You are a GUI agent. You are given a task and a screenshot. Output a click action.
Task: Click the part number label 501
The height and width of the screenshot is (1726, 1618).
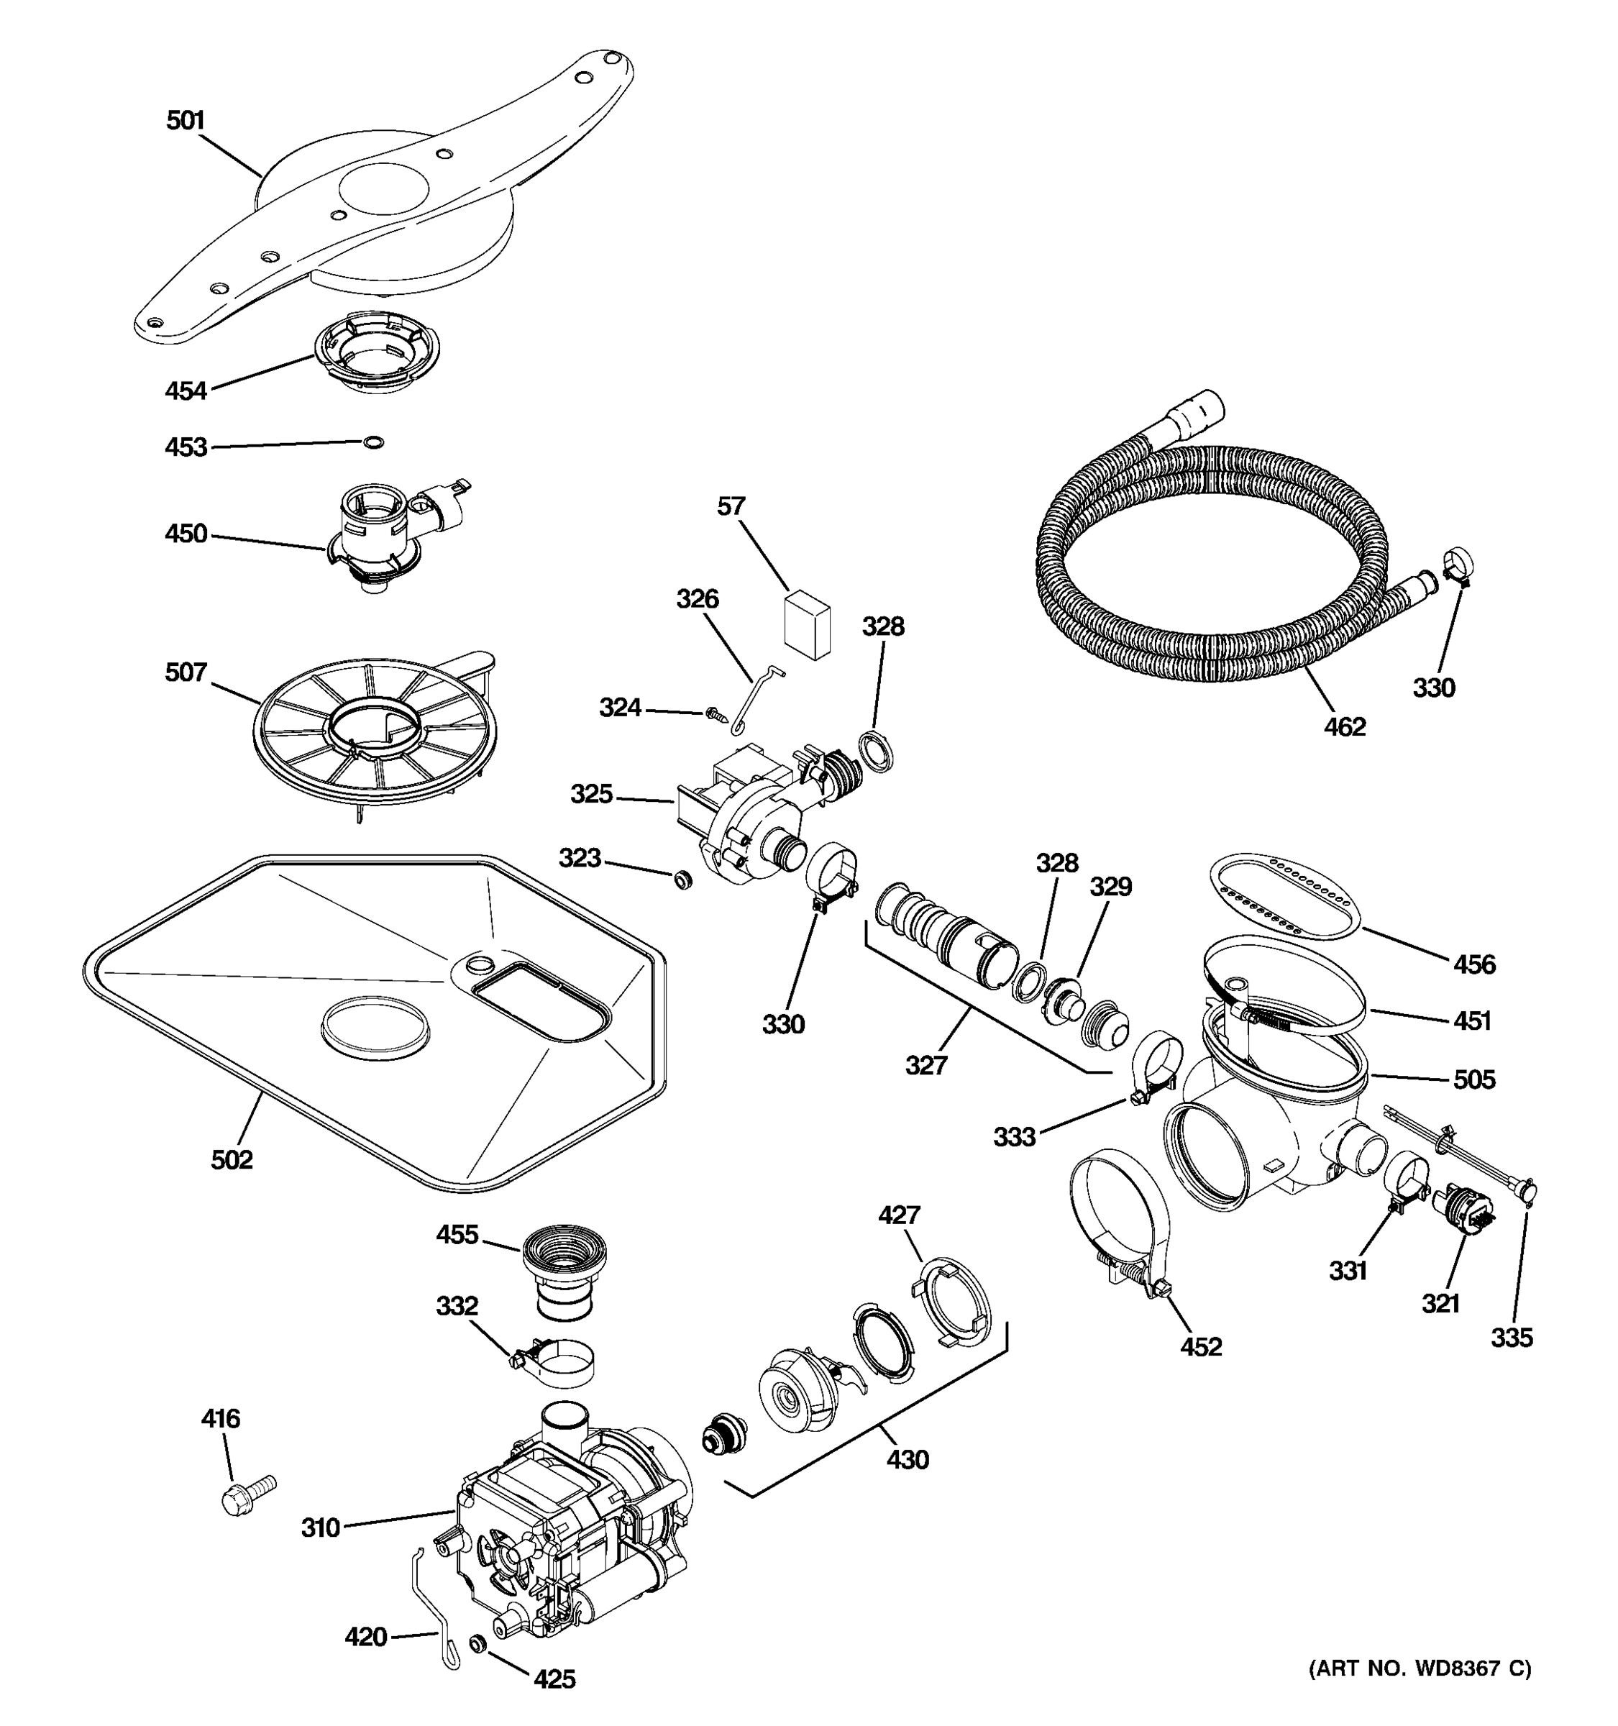tap(185, 121)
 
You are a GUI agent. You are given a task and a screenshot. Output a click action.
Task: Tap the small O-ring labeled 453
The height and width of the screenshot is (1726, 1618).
tap(373, 443)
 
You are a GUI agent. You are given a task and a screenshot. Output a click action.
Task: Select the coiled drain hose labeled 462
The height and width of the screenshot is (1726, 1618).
tap(1215, 565)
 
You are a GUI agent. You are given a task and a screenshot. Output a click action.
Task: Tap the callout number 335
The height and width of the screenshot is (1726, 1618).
tap(1512, 1338)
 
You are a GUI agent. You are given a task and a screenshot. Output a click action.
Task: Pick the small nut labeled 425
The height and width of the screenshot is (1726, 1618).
tap(477, 1643)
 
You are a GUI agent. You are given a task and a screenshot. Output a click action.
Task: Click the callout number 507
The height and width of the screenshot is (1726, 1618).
tap(186, 672)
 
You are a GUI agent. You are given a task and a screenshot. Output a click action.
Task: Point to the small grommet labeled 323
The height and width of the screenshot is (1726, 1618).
tap(684, 880)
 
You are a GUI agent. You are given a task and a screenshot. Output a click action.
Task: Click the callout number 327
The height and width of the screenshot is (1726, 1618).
tap(926, 1065)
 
